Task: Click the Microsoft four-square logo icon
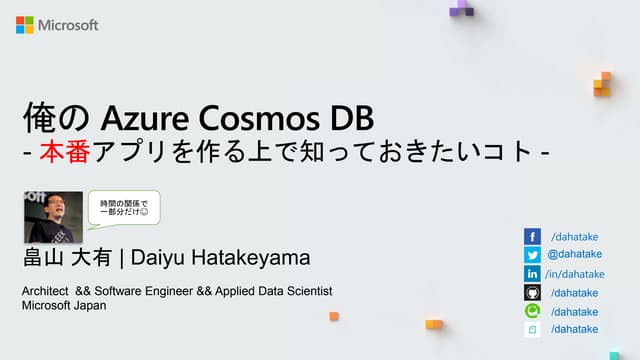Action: click(x=24, y=25)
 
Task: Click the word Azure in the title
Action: click(x=139, y=119)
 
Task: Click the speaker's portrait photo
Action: click(x=52, y=217)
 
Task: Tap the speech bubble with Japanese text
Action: click(x=123, y=209)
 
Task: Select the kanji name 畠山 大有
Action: click(x=67, y=258)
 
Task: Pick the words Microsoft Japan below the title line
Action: click(x=64, y=305)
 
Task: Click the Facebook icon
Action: click(x=532, y=236)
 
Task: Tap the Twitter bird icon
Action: click(x=532, y=255)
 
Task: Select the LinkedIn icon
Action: click(x=532, y=274)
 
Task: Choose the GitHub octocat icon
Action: click(x=532, y=293)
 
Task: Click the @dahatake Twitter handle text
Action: click(x=574, y=255)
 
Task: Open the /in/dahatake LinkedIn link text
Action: click(x=574, y=274)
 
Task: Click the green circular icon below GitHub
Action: click(x=532, y=311)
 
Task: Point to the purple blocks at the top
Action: click(x=461, y=9)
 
